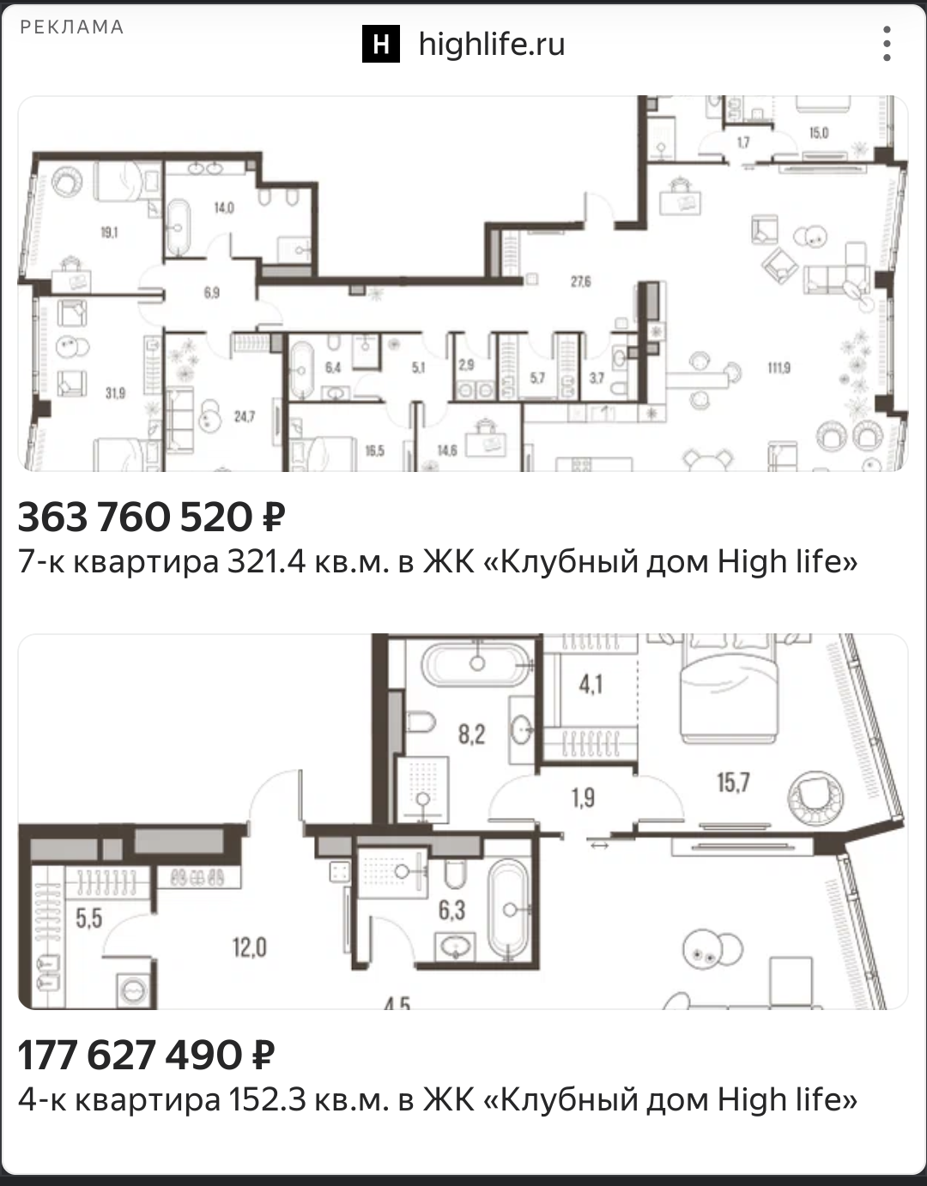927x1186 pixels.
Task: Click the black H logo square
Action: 381,44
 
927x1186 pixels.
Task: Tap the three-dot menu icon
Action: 887,44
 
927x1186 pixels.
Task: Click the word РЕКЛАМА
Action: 72,27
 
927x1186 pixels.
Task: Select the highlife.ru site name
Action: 492,44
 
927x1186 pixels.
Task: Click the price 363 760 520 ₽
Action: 152,517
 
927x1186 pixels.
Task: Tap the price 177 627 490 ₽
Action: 146,1055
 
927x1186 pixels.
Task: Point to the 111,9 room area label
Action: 779,368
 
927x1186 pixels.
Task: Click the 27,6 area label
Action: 580,281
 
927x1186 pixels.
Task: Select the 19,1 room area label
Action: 109,233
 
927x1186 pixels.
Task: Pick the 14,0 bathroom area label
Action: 224,208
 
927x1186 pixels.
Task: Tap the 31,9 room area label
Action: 115,393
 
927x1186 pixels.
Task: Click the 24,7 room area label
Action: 245,417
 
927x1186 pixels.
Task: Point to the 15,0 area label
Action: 819,133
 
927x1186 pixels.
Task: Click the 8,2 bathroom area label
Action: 471,735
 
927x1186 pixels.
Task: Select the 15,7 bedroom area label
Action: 733,783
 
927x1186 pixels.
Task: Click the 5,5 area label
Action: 89,918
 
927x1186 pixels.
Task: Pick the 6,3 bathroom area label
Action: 451,910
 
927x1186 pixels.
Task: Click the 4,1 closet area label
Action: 591,685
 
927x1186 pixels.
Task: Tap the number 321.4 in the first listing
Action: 266,561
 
